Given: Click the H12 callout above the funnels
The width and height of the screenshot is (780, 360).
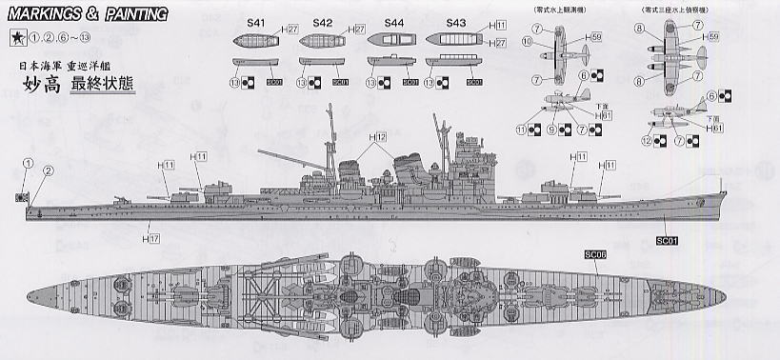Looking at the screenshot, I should [380, 138].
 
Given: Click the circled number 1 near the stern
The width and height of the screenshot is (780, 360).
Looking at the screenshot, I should [29, 162].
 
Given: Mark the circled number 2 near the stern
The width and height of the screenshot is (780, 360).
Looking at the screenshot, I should [48, 170].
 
